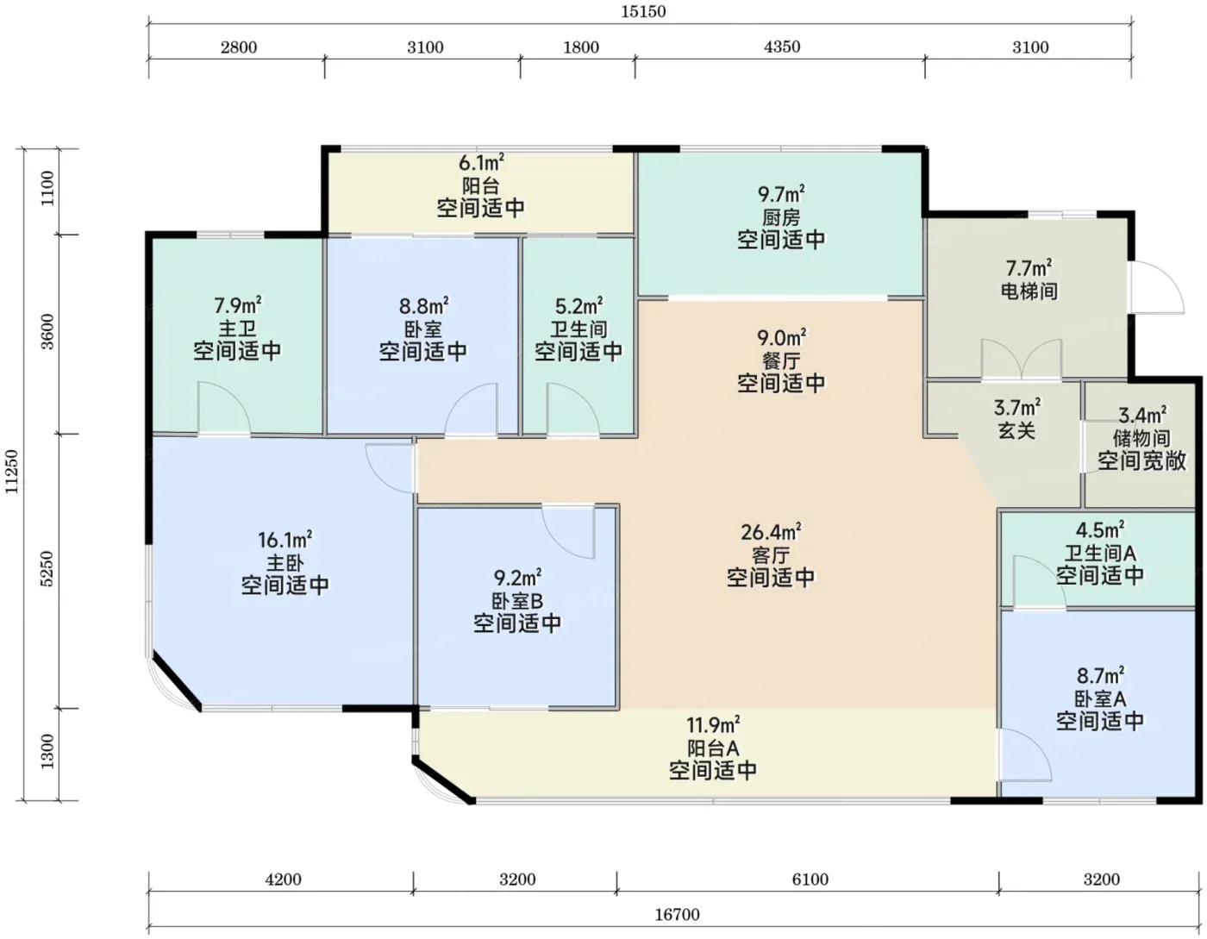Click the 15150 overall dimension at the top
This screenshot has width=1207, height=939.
642,12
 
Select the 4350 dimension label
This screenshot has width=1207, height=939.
782,47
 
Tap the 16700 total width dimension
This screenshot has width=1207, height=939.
677,914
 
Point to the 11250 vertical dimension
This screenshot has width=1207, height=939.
12,472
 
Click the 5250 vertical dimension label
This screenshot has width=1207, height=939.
47,568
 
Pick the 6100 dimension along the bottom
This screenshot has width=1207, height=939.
810,879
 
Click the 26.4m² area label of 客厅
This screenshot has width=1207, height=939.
771,533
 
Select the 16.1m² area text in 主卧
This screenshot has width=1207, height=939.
285,539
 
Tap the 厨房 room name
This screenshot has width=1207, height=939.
781,217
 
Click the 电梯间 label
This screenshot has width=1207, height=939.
1029,291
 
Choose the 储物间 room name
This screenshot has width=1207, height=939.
1141,438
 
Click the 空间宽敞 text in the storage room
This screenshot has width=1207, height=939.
1141,460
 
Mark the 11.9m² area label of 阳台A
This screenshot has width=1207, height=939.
713,725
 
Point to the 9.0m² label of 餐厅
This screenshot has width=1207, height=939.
781,338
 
